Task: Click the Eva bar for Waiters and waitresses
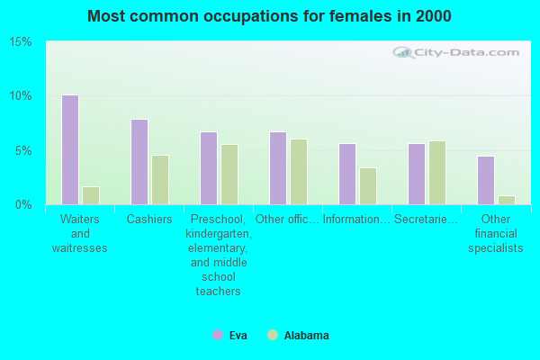(69, 149)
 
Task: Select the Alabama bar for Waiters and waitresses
(90, 195)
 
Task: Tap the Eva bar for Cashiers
(139, 162)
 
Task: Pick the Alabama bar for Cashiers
(159, 180)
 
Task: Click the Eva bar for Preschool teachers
(208, 168)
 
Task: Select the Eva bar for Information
(346, 174)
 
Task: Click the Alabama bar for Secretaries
(436, 173)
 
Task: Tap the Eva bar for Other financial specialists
(485, 180)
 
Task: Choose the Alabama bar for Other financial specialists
(506, 200)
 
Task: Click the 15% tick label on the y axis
(21, 42)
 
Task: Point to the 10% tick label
(21, 96)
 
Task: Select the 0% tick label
(24, 204)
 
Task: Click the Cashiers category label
(149, 220)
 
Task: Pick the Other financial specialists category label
(495, 234)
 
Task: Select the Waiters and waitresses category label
(79, 234)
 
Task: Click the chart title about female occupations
(270, 16)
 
